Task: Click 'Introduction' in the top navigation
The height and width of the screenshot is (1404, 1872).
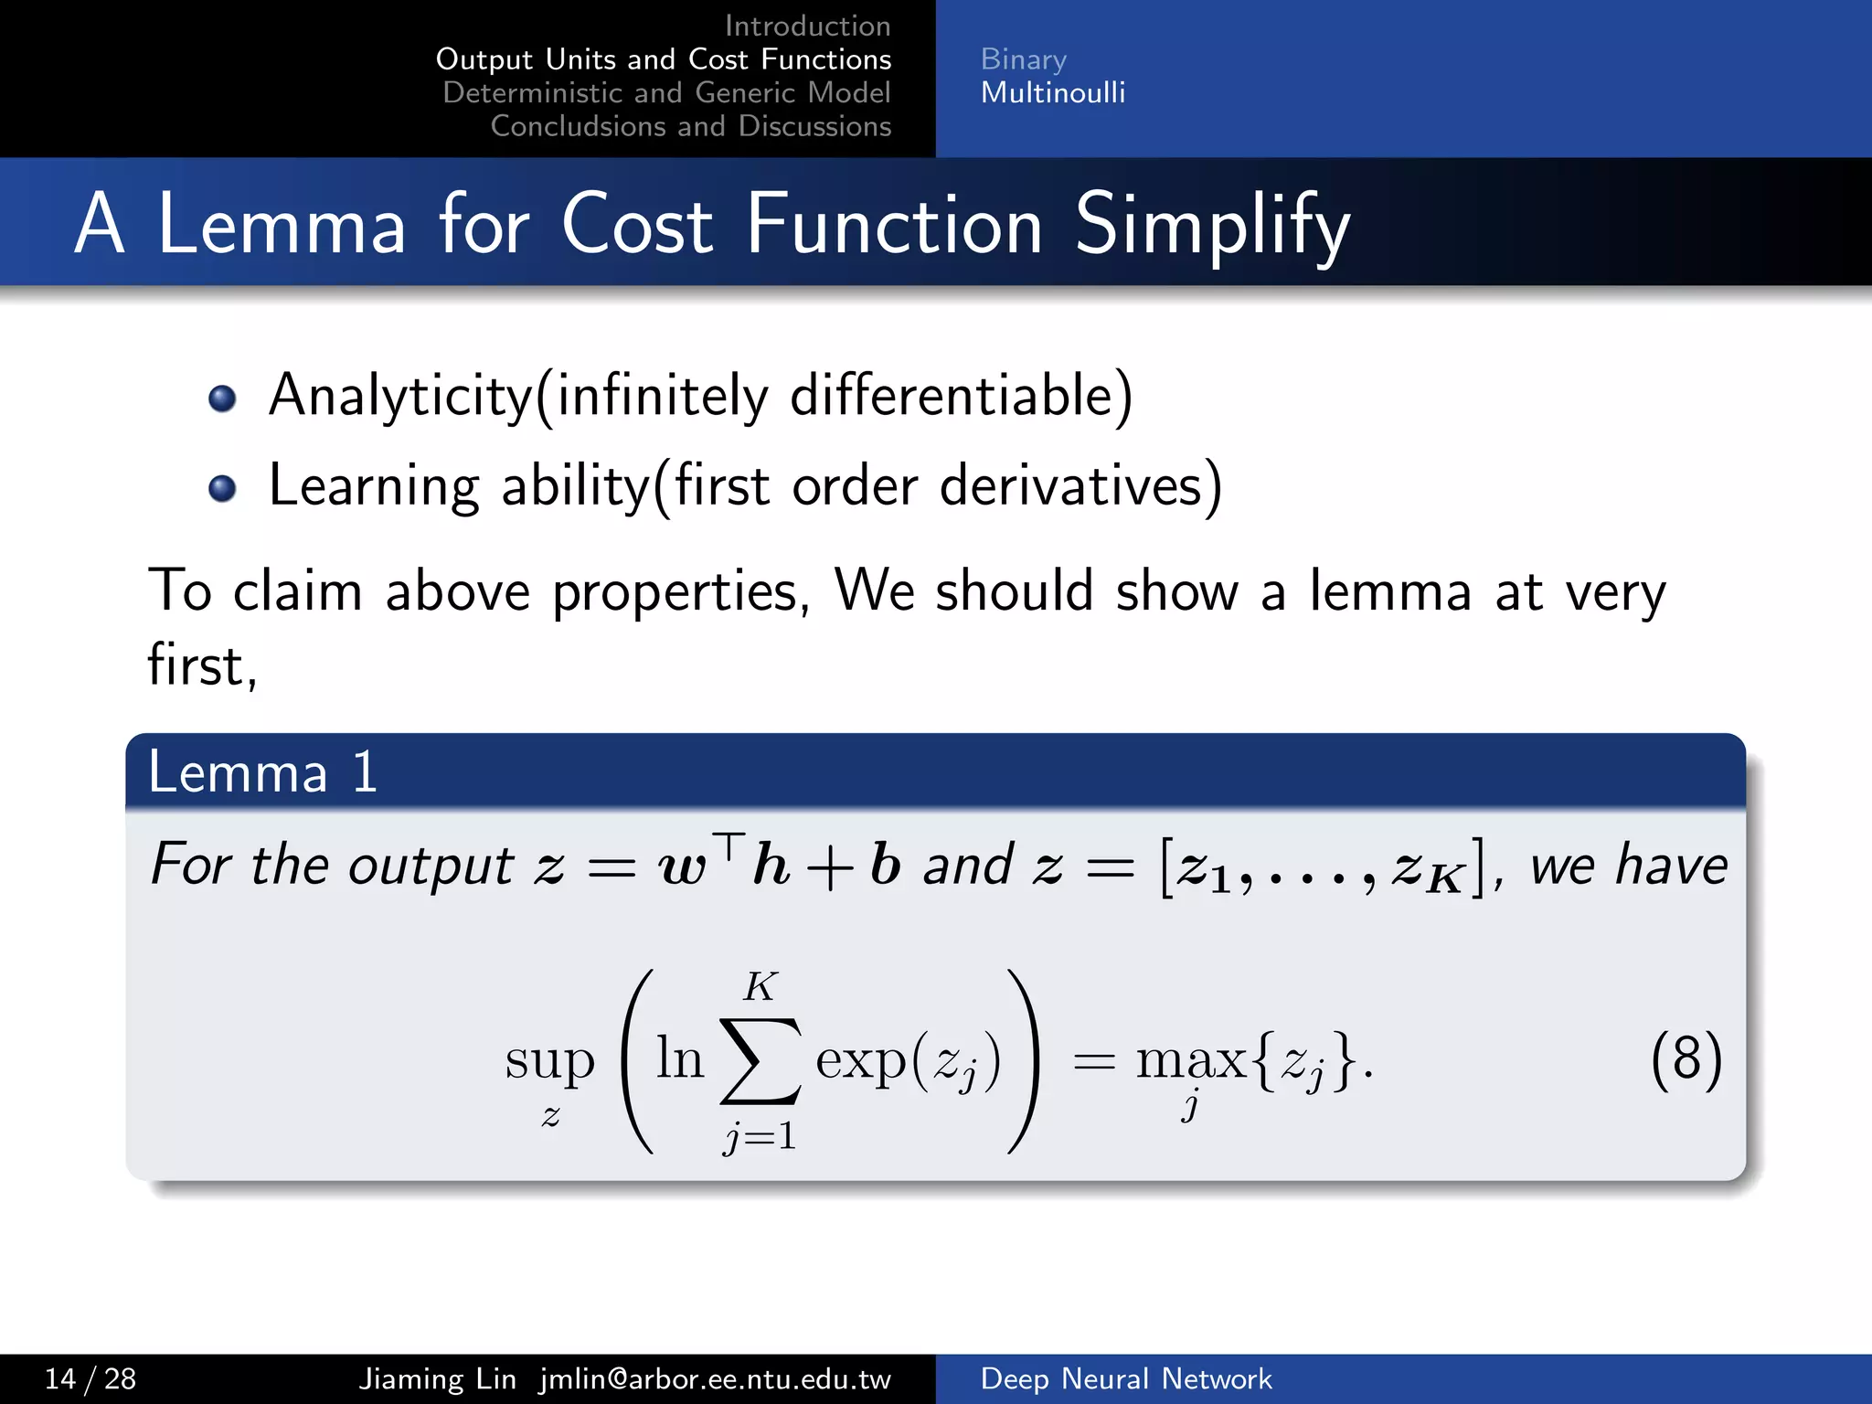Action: (x=807, y=26)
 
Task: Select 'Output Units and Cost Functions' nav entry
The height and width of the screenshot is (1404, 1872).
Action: (x=664, y=59)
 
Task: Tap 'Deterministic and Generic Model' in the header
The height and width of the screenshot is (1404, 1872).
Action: (x=666, y=92)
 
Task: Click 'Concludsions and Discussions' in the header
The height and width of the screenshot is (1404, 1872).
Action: (x=690, y=126)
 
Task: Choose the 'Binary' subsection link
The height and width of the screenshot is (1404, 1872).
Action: (x=1023, y=59)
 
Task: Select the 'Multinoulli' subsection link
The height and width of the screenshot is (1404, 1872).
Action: (x=1052, y=92)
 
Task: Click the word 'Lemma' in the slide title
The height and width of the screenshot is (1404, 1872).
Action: (x=282, y=225)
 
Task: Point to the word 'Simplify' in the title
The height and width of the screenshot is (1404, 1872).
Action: (x=1212, y=225)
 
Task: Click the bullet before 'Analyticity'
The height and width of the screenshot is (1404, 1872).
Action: (x=222, y=399)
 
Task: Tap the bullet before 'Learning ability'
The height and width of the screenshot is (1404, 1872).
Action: (x=222, y=488)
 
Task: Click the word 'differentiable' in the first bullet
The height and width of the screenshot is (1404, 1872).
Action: (x=951, y=395)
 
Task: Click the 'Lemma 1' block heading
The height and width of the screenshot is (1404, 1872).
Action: (x=263, y=771)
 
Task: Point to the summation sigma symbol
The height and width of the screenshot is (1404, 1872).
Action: (x=760, y=1060)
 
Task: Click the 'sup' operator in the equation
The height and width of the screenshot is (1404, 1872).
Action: (x=549, y=1060)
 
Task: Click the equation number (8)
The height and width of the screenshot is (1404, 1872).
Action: (x=1686, y=1060)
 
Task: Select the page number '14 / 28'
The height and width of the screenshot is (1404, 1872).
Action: (x=90, y=1378)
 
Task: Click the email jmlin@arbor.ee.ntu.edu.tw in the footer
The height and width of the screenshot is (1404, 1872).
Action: (x=715, y=1378)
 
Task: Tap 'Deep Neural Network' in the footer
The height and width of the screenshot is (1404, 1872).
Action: (x=1125, y=1378)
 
